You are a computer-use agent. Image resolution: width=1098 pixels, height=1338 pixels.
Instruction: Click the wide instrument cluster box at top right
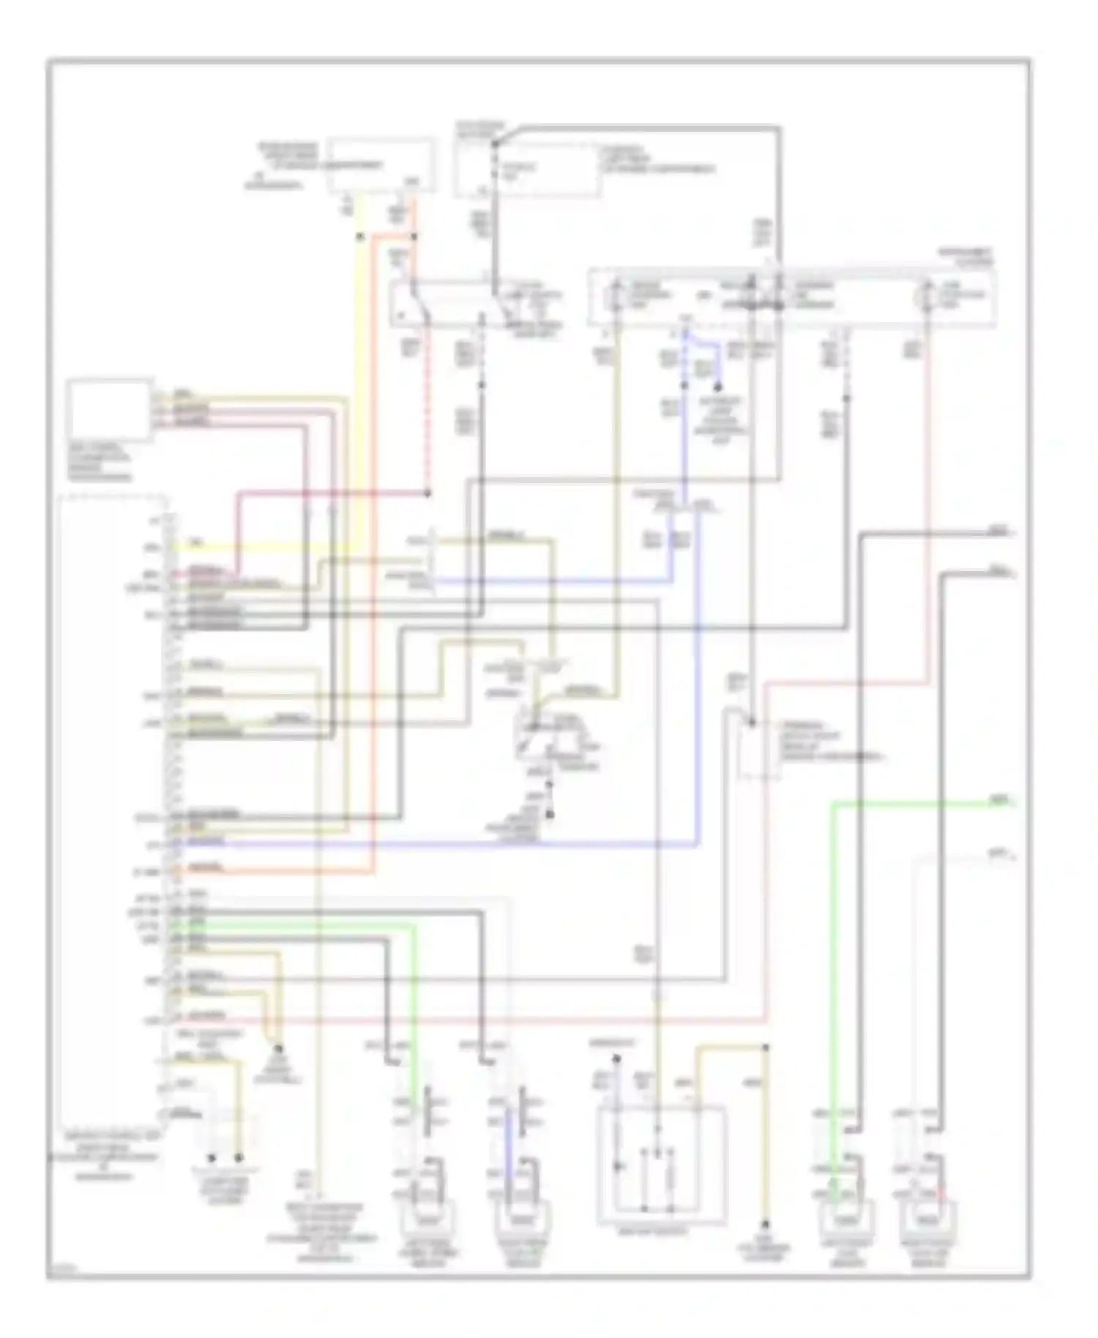(791, 299)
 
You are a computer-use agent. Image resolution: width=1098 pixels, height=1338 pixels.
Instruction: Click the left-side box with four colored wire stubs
(110, 410)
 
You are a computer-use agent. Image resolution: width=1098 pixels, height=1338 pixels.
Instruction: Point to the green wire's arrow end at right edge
(1013, 804)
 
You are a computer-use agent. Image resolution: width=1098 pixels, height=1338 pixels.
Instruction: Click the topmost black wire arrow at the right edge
(1013, 535)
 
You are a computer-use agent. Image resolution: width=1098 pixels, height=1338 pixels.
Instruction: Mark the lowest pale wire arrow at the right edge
(1013, 857)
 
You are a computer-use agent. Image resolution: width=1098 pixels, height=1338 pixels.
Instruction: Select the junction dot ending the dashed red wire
(427, 494)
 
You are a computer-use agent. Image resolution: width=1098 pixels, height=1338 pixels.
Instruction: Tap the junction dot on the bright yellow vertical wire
(359, 237)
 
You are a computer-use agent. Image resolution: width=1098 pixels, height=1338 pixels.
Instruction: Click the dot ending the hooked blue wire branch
(718, 387)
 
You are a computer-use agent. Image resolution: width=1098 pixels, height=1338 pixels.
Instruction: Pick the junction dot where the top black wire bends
(495, 143)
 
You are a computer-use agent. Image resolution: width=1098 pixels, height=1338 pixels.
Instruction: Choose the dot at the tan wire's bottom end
(766, 1224)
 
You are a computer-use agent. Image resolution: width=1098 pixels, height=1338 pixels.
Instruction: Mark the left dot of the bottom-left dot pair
(212, 1159)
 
